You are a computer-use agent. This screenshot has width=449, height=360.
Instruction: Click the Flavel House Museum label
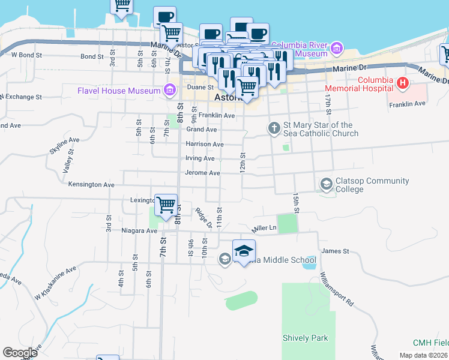[118, 91]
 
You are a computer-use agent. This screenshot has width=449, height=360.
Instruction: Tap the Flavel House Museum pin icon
[171, 91]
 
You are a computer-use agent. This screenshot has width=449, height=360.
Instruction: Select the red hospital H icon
[403, 82]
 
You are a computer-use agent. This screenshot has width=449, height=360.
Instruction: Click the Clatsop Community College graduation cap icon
[327, 183]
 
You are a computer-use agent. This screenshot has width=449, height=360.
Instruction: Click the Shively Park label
[306, 338]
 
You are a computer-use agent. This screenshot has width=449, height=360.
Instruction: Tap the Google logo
[20, 353]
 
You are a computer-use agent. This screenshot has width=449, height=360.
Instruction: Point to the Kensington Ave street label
[91, 185]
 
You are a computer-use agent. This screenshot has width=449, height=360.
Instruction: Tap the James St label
[336, 251]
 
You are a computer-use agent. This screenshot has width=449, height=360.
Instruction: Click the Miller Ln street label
[265, 228]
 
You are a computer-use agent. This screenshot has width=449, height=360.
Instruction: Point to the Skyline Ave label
[64, 140]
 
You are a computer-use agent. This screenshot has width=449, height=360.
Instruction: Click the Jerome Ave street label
[203, 173]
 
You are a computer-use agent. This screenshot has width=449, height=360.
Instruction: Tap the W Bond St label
[27, 55]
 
